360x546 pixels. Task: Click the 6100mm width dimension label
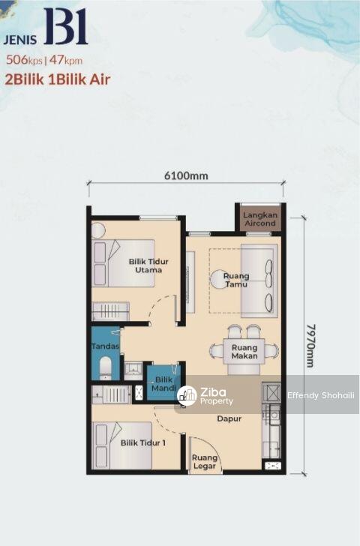tap(186, 175)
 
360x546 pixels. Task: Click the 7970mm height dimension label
tap(310, 346)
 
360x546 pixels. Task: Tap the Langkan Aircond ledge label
tap(260, 219)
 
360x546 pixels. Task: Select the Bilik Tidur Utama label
tap(148, 265)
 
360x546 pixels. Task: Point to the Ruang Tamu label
tap(236, 280)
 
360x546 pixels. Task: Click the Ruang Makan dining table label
tap(244, 352)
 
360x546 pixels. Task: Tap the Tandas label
tap(106, 346)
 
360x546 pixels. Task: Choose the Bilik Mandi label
tap(164, 383)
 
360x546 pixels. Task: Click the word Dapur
tap(229, 418)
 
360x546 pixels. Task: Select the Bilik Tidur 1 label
tap(143, 443)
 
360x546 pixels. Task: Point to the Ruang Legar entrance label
tap(204, 462)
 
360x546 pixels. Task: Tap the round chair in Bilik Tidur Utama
tap(98, 230)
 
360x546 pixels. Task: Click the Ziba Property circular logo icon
tap(187, 395)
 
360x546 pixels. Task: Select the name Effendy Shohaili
tap(321, 395)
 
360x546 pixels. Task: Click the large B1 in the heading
tap(66, 26)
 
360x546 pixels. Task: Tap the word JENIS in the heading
tap(20, 39)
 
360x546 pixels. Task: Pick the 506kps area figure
tap(24, 60)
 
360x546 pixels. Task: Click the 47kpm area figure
tap(66, 60)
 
